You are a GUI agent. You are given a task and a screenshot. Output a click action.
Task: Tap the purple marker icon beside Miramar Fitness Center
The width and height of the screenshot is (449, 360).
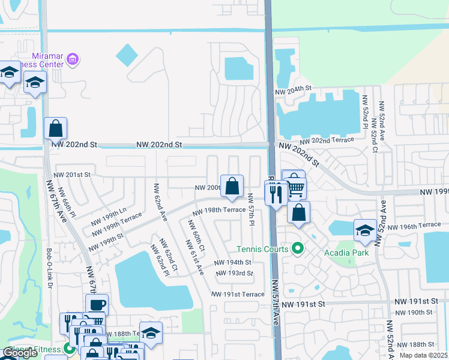(73, 59)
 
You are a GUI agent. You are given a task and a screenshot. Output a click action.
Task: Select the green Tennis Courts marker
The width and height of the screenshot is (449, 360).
(297, 248)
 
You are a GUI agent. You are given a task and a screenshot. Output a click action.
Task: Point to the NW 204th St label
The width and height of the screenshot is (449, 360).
(294, 89)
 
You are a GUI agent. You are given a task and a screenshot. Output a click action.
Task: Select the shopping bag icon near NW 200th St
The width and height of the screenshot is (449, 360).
(232, 187)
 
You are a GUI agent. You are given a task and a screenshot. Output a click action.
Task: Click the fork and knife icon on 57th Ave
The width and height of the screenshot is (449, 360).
(276, 194)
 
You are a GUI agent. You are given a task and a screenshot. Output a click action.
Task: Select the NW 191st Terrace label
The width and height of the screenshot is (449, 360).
(238, 294)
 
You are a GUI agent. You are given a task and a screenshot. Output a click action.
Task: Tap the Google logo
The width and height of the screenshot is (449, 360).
(20, 353)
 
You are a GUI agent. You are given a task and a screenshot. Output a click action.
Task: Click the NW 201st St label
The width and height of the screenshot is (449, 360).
(71, 175)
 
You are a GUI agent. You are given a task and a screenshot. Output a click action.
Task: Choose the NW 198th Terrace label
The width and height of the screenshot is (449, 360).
(218, 211)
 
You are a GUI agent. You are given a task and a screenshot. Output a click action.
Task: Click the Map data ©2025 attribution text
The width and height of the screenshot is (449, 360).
(424, 355)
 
